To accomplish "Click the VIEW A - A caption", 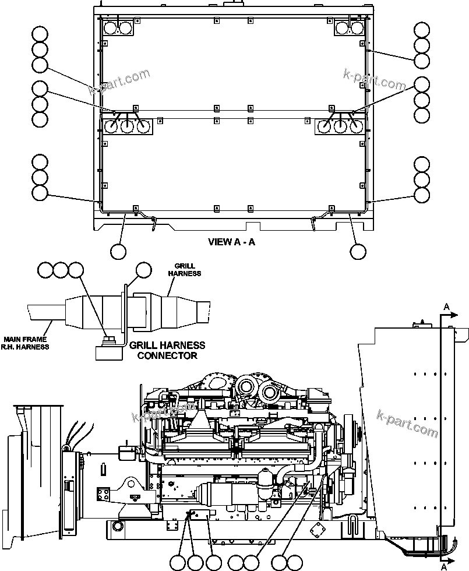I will tap(231, 242).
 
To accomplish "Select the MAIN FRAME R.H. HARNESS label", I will tap(26, 343).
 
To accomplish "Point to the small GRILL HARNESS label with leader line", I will tap(184, 269).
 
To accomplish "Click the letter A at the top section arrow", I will tap(446, 306).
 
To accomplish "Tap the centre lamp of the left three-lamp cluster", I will tap(127, 126).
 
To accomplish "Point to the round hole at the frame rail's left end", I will tap(118, 527).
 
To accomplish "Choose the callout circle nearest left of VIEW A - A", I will tap(118, 251).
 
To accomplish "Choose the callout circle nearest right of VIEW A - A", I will tap(358, 251).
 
